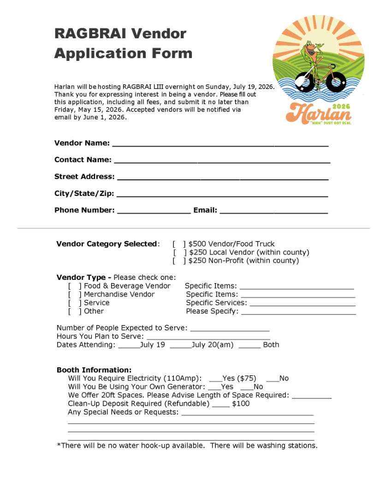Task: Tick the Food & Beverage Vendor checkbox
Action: coord(75,286)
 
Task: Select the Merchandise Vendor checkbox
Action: coord(75,295)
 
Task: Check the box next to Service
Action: coord(75,303)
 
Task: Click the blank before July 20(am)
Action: coord(180,345)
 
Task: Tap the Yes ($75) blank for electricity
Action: coord(215,379)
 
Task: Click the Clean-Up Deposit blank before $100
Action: coord(221,404)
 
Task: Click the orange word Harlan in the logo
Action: coord(318,113)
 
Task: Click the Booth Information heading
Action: coord(94,370)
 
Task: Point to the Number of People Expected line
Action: coord(229,329)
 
